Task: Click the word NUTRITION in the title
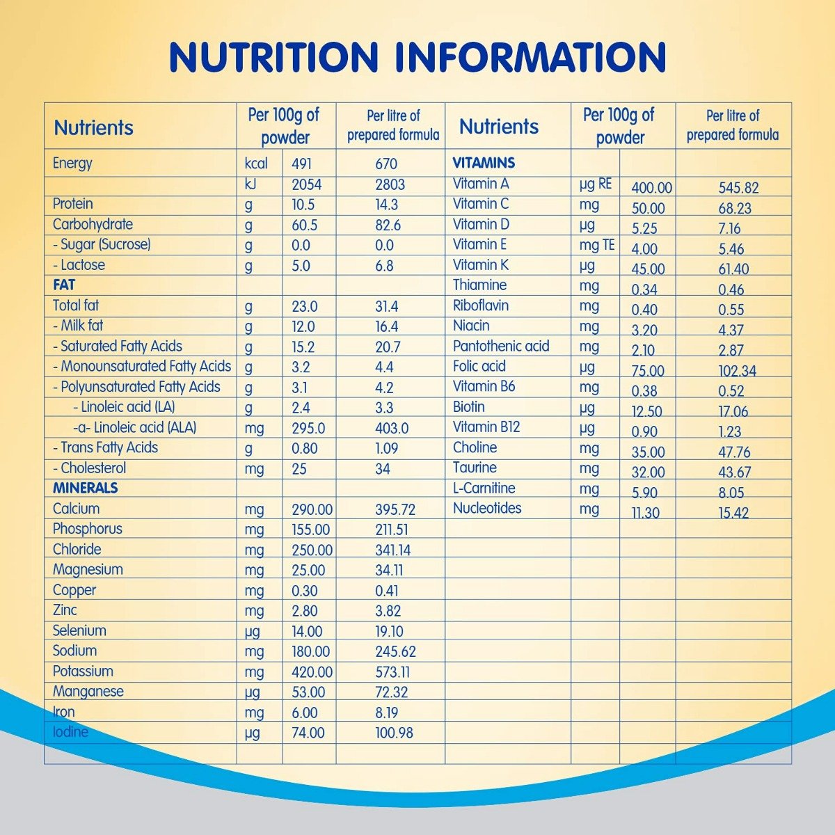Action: (x=274, y=57)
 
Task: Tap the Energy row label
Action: (x=72, y=164)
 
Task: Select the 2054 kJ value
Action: (x=306, y=185)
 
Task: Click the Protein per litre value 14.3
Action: (x=386, y=205)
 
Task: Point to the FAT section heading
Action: (x=64, y=285)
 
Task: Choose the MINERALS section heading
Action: (x=86, y=488)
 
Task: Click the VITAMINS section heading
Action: (x=484, y=164)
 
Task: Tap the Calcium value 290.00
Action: (x=312, y=510)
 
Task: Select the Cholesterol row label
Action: (x=90, y=468)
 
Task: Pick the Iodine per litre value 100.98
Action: (x=394, y=733)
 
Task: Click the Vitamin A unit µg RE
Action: (x=596, y=184)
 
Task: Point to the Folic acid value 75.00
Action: (x=648, y=371)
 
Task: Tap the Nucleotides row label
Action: (x=487, y=508)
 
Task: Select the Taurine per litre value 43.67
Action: (x=735, y=472)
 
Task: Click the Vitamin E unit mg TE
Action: (x=596, y=245)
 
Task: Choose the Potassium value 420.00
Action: (x=312, y=672)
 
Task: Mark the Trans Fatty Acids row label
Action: (x=106, y=447)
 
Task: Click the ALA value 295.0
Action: (x=308, y=429)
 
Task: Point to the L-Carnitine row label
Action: (x=484, y=488)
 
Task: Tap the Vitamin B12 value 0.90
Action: (x=644, y=431)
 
